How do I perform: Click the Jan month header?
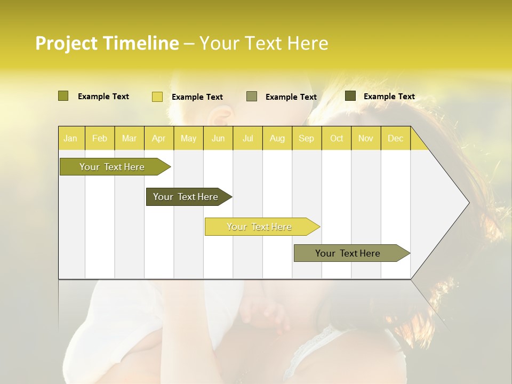(70, 138)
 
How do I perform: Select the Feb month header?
(100, 138)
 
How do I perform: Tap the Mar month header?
(129, 138)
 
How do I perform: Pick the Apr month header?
(159, 138)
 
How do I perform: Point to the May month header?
(188, 138)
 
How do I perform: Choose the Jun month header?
(218, 138)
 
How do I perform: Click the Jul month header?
(247, 138)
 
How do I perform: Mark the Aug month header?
(277, 138)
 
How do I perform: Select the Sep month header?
(307, 138)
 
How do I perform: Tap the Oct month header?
(337, 138)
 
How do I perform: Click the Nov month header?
(366, 138)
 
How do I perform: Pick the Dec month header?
(395, 138)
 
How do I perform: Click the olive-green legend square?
(63, 96)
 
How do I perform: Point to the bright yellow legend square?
(157, 97)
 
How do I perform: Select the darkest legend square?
(350, 96)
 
